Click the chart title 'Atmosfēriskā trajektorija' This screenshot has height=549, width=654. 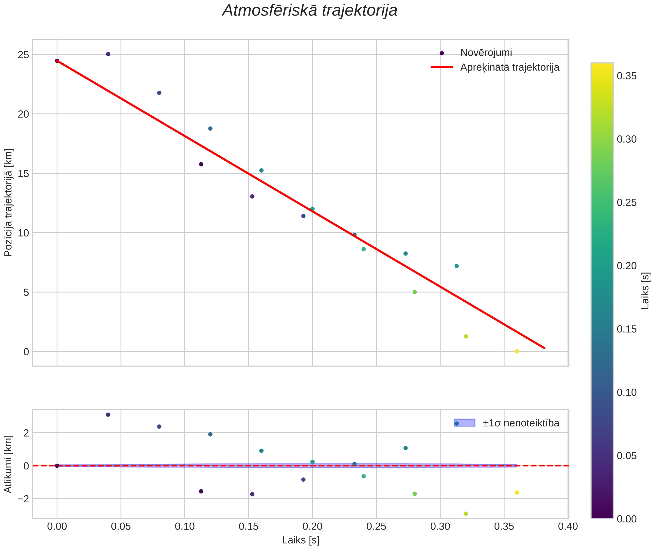click(310, 11)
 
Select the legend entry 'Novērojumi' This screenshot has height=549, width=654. click(486, 53)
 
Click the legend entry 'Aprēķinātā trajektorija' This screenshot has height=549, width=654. click(510, 67)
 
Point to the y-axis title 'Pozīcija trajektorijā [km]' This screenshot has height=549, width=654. click(8, 202)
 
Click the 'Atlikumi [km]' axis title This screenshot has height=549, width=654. click(8, 464)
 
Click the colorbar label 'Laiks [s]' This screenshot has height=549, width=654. click(645, 291)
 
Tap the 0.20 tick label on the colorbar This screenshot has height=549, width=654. click(627, 266)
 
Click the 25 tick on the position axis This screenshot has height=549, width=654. click(23, 55)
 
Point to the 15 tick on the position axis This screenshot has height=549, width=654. click(23, 174)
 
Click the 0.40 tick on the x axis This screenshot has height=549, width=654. click(568, 527)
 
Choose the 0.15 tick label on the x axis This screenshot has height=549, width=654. click(248, 527)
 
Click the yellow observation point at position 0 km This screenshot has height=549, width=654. click(517, 351)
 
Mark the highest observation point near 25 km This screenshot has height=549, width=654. click(108, 54)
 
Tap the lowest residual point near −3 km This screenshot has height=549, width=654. click(466, 514)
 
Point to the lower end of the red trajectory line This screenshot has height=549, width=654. click(544, 348)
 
